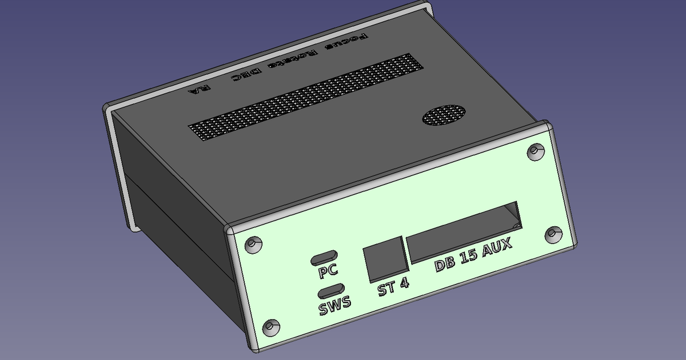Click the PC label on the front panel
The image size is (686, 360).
pos(329,270)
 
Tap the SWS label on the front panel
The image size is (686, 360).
pos(335,307)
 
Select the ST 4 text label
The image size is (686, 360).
pos(393,287)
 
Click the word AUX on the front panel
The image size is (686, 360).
pos(496,249)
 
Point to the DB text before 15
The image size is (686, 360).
pos(446,263)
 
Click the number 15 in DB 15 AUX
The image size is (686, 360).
pos(470,257)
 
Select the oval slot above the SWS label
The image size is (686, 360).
pos(331,291)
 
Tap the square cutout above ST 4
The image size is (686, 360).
pos(386,259)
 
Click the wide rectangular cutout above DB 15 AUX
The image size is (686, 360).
pos(464,231)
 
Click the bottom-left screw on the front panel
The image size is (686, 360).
pos(270,327)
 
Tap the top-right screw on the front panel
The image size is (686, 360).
pos(534,151)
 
